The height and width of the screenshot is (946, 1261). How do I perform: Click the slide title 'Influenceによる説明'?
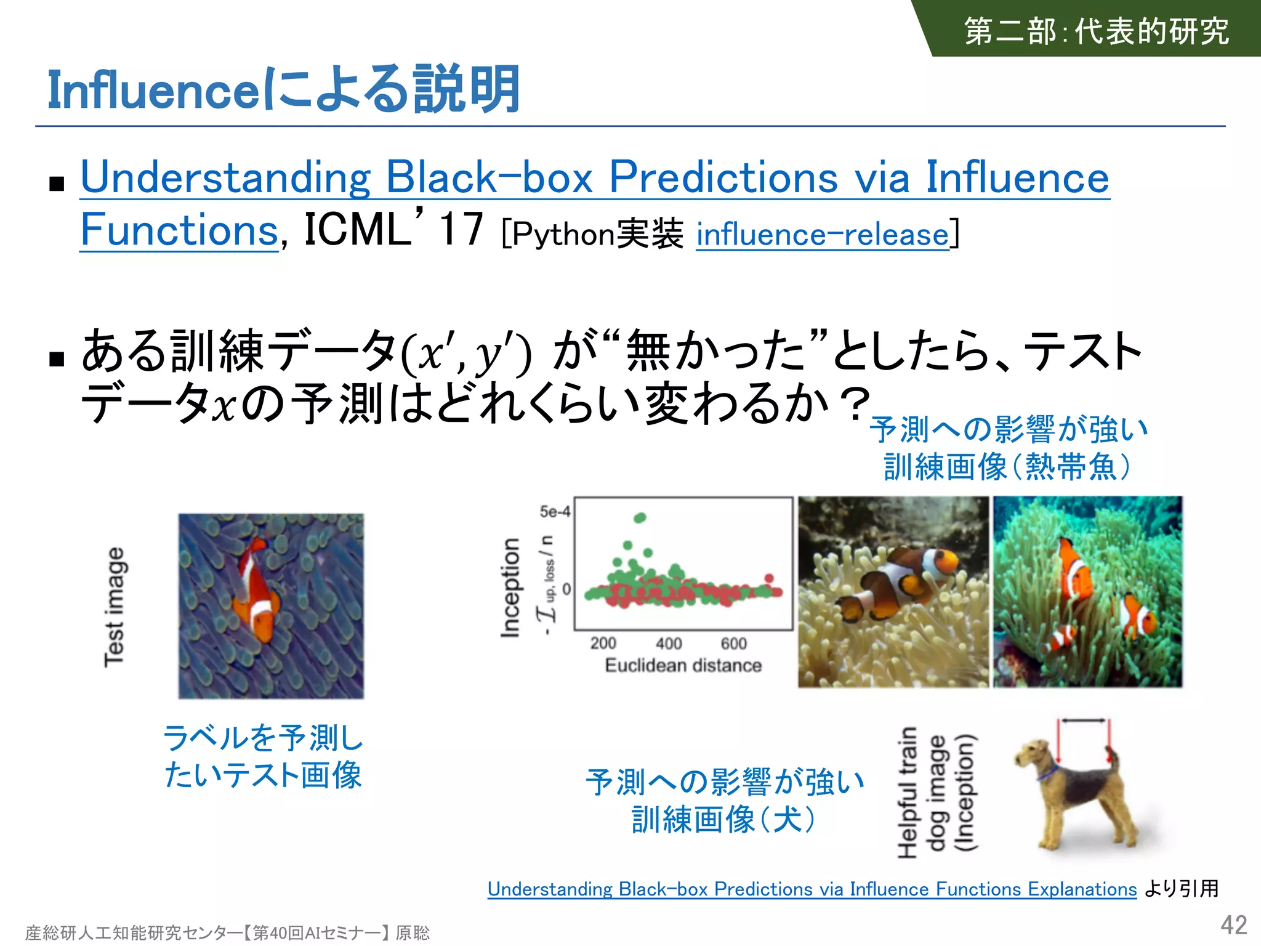pyautogui.click(x=283, y=90)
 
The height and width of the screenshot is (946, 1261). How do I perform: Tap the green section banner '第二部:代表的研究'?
pyautogui.click(x=1096, y=31)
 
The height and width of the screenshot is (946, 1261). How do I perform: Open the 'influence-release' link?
pyautogui.click(x=823, y=235)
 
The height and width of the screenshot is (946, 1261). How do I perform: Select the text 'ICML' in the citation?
pyautogui.click(x=357, y=230)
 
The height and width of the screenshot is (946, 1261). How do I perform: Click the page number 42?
pyautogui.click(x=1233, y=925)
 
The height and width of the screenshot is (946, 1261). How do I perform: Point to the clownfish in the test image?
pyautogui.click(x=256, y=589)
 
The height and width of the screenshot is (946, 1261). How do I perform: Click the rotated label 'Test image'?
pyautogui.click(x=115, y=607)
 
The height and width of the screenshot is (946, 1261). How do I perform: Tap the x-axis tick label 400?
pyautogui.click(x=669, y=644)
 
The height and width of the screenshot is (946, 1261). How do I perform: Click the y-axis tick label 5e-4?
pyautogui.click(x=554, y=512)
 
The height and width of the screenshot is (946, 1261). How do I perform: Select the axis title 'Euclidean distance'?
pyautogui.click(x=683, y=666)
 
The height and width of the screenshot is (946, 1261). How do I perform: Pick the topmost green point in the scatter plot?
pyautogui.click(x=640, y=517)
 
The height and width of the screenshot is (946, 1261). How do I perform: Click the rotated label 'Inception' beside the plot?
pyautogui.click(x=510, y=588)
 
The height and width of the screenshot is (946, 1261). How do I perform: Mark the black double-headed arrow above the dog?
pyautogui.click(x=1084, y=721)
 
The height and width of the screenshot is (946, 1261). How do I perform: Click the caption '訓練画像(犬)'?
pyautogui.click(x=724, y=820)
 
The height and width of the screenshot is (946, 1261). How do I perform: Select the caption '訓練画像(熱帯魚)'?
pyautogui.click(x=1007, y=466)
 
